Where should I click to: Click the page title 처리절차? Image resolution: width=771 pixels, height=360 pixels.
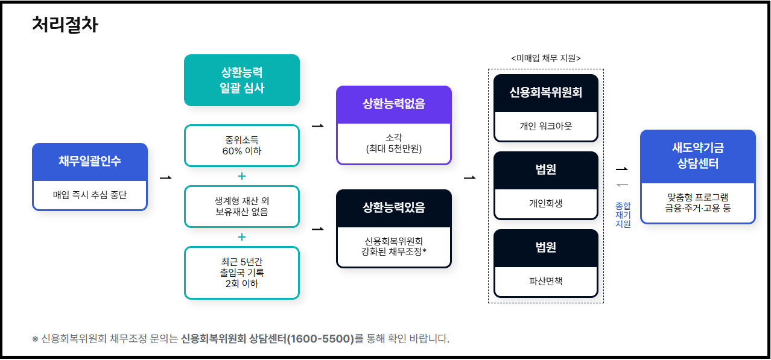click(65, 25)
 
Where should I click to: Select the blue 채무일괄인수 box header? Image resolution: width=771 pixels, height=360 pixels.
click(90, 162)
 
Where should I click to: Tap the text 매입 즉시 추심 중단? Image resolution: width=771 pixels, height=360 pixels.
click(90, 195)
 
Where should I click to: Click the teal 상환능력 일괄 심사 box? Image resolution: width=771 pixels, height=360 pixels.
click(242, 80)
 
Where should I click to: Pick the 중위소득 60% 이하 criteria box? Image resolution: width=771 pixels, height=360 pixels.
click(242, 145)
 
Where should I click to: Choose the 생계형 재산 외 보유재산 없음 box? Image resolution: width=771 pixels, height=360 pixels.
click(242, 206)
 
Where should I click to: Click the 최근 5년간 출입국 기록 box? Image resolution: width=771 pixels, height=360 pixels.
click(242, 273)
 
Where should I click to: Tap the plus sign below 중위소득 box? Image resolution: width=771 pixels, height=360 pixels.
click(242, 176)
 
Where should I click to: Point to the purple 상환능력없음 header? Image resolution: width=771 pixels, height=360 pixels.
click(394, 104)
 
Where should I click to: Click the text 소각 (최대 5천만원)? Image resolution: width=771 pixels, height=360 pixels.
click(394, 142)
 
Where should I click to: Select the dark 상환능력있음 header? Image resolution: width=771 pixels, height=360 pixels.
click(394, 208)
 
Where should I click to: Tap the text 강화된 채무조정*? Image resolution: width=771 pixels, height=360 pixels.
click(394, 251)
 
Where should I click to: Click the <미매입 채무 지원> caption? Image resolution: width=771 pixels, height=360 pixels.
click(545, 58)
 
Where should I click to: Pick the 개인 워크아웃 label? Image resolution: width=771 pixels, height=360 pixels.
click(545, 126)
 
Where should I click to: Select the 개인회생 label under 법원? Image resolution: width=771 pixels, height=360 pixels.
click(545, 203)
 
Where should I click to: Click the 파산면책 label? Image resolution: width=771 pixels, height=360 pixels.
click(545, 280)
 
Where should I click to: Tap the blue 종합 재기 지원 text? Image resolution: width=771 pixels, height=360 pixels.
click(623, 214)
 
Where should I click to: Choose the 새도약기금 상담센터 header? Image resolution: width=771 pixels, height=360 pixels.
click(698, 156)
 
